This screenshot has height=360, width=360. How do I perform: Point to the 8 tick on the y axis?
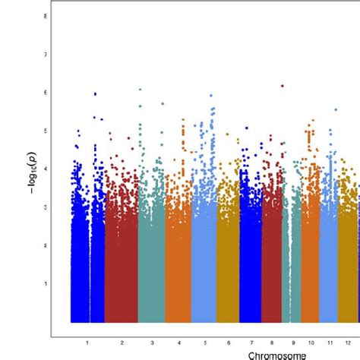tap(47, 16)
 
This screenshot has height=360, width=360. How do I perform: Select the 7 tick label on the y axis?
tap(47, 55)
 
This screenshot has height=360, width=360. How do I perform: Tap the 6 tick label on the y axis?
tap(47, 93)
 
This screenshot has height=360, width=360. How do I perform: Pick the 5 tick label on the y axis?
tap(47, 131)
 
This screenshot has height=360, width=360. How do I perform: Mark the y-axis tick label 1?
tap(47, 283)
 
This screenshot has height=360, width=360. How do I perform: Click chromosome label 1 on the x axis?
tap(87, 343)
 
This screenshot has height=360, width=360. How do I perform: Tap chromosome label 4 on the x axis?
tap(178, 343)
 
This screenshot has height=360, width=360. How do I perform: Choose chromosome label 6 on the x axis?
tap(228, 343)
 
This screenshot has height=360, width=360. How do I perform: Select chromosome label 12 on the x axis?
tap(348, 343)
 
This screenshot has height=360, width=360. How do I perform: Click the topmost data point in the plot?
tap(283, 87)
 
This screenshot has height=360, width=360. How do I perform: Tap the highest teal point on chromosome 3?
tap(141, 90)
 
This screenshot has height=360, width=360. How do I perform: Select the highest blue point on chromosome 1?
tap(95, 93)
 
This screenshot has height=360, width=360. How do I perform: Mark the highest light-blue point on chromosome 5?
tap(211, 96)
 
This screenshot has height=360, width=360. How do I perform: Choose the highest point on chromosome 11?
tap(336, 109)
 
